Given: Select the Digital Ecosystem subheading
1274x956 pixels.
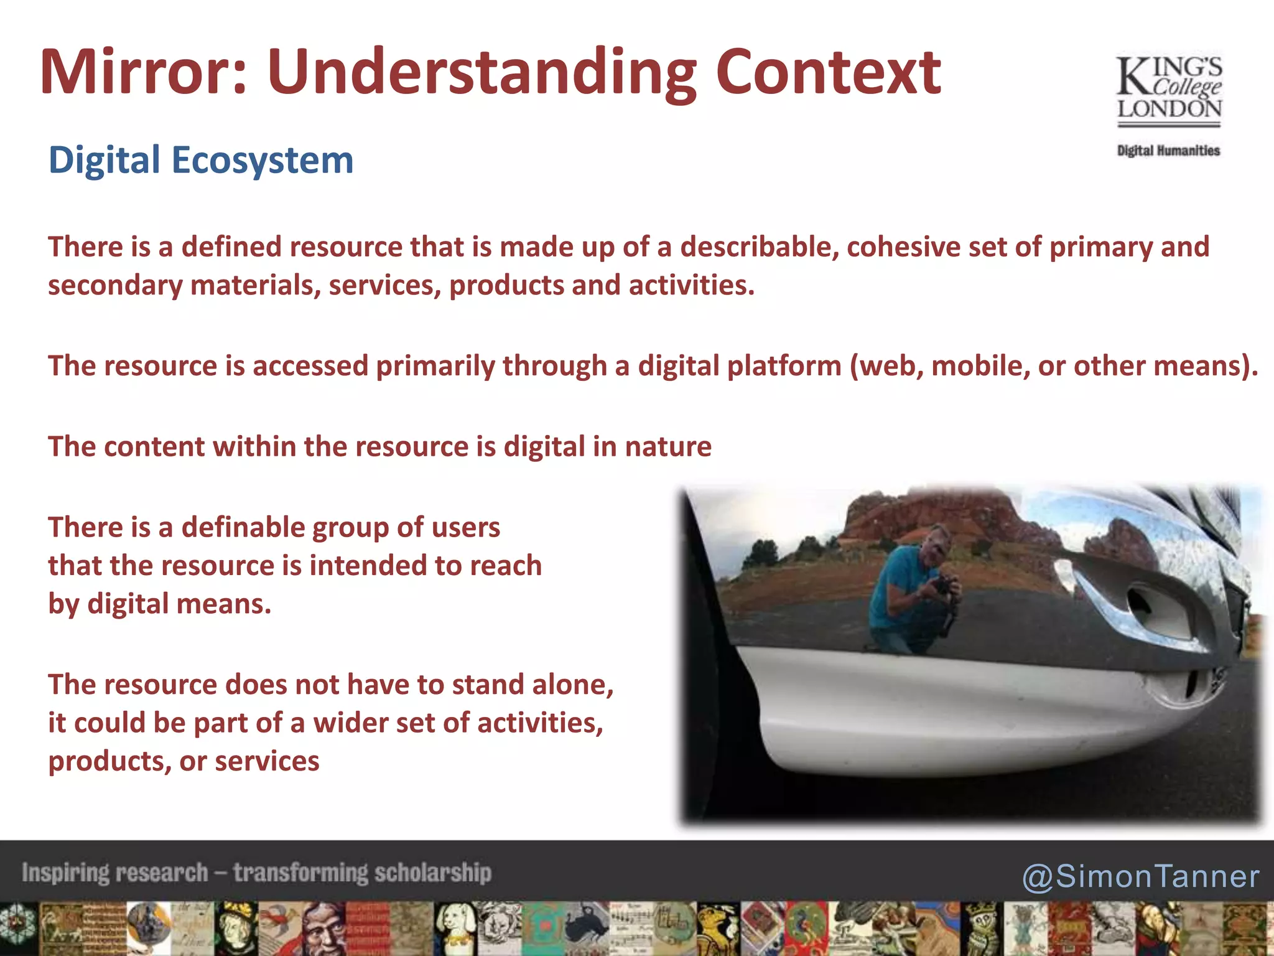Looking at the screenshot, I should point(201,160).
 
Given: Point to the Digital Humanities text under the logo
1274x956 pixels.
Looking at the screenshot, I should point(1168,151).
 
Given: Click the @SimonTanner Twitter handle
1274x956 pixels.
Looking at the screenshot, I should point(1140,876).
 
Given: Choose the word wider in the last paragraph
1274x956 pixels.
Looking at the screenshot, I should point(350,723).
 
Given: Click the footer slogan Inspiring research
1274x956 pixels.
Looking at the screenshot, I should point(115,873).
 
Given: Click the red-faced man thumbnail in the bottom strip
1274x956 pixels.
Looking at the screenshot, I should point(323,929).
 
